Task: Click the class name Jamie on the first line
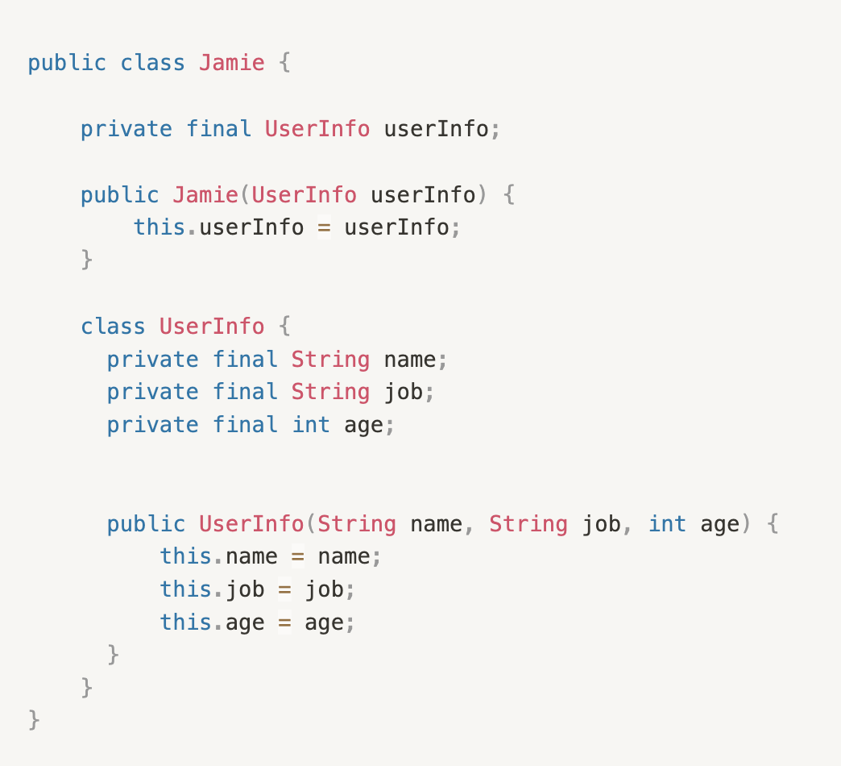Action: (232, 63)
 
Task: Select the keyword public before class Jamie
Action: (67, 63)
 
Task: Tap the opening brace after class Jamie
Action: (284, 63)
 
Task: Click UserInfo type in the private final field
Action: (317, 129)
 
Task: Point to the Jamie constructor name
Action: (205, 195)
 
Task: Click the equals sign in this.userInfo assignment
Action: (324, 228)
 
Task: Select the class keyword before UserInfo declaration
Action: (113, 327)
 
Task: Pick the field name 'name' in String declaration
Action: (410, 360)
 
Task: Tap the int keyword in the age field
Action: (311, 425)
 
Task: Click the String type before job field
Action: (330, 393)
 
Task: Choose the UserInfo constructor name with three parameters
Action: (251, 524)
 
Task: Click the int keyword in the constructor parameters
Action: (667, 524)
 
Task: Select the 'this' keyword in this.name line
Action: (185, 557)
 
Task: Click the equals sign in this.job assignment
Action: (284, 590)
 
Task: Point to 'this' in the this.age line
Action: (185, 622)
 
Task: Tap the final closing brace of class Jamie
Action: (34, 720)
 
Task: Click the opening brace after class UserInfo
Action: (284, 327)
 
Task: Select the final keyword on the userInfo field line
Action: (218, 129)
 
